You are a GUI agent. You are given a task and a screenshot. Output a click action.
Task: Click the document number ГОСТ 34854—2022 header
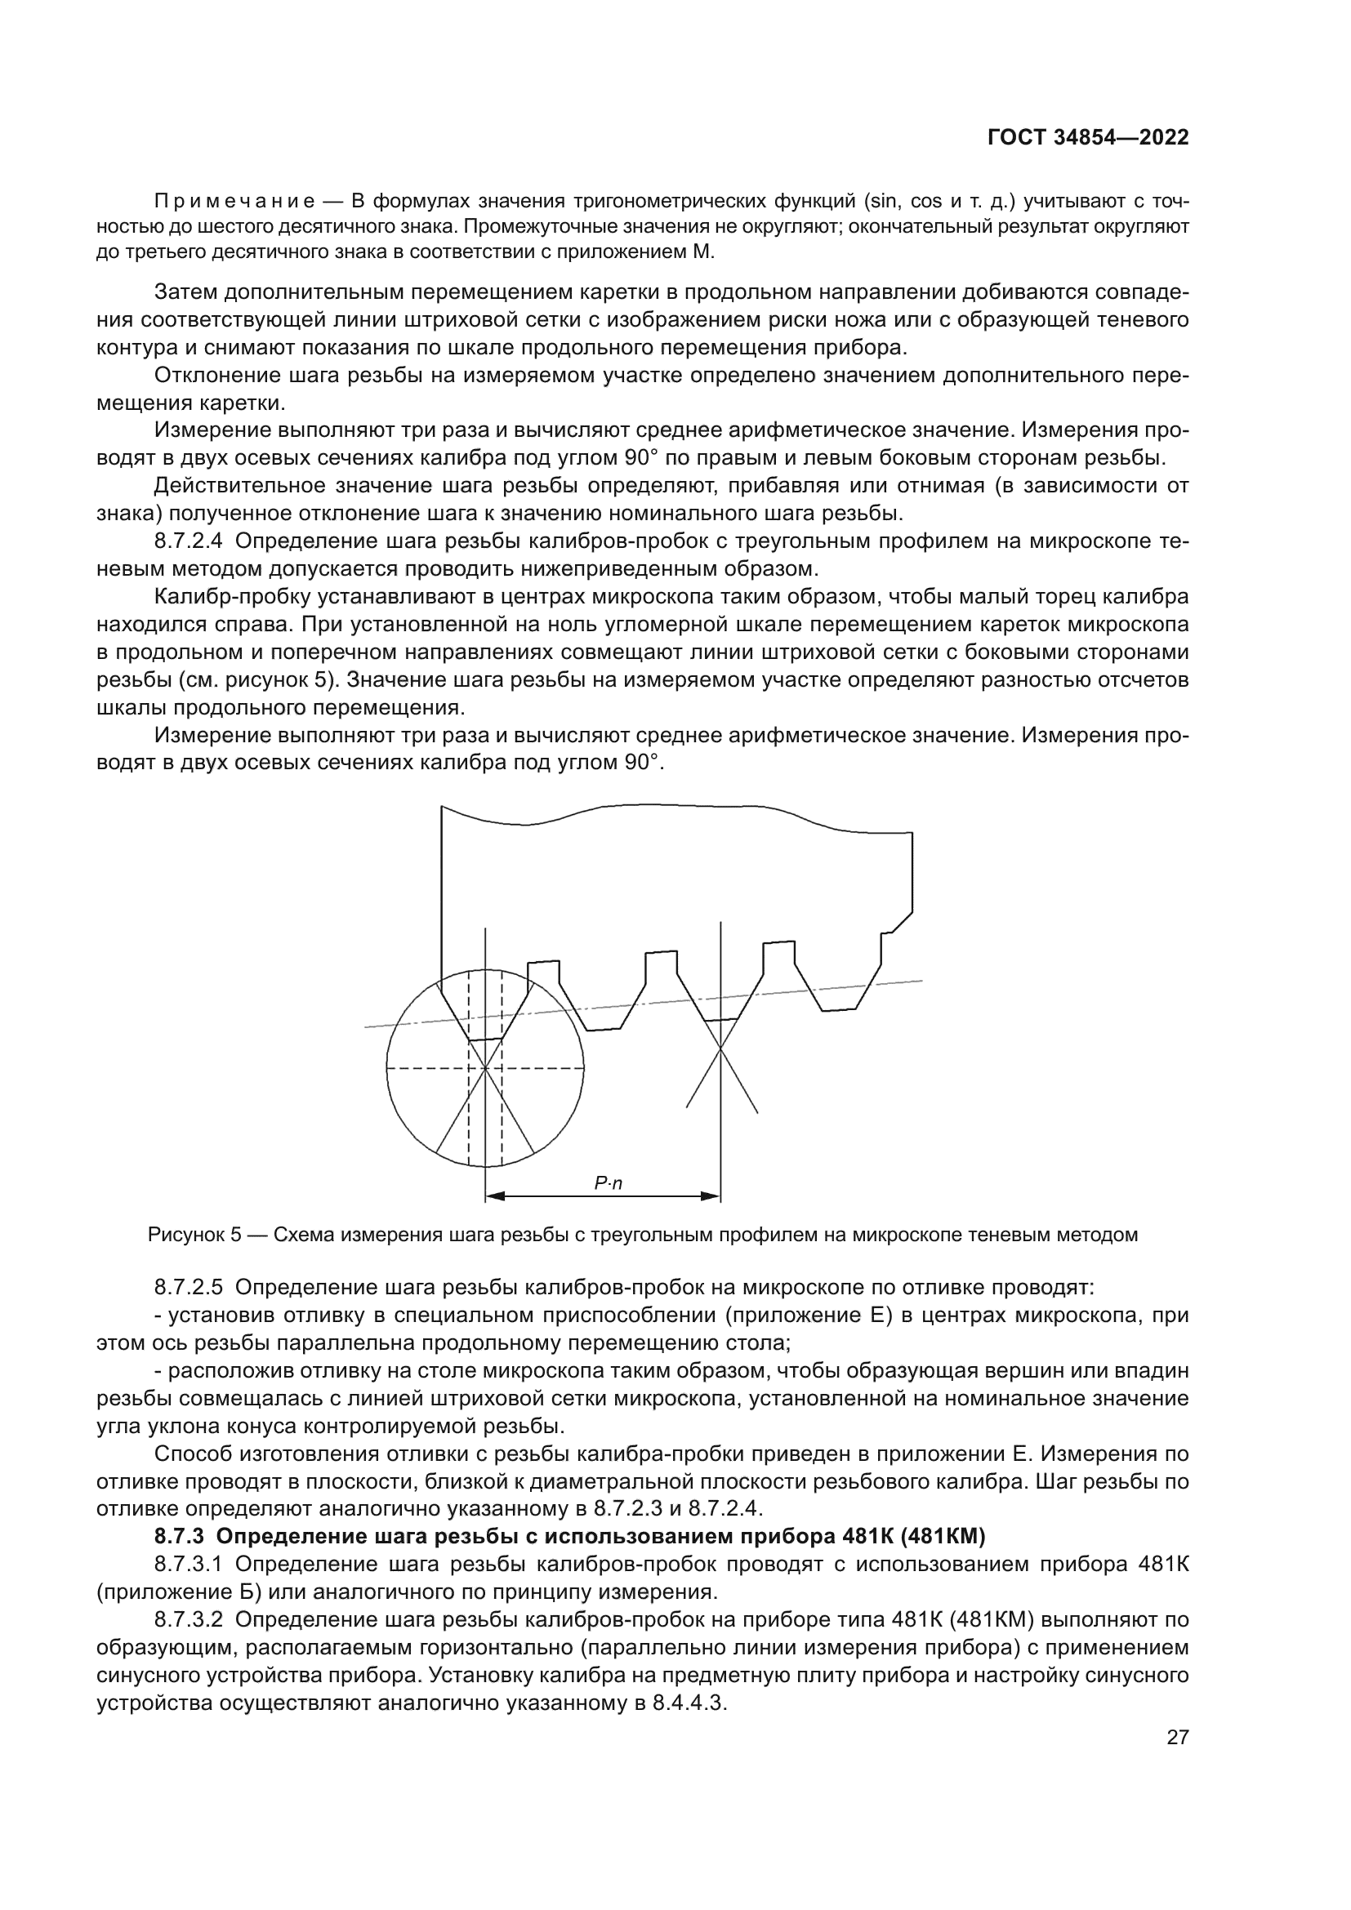[x=1087, y=138]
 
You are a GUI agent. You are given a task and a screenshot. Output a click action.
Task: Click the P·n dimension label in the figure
[x=609, y=1183]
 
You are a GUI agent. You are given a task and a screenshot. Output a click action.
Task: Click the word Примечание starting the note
[x=234, y=202]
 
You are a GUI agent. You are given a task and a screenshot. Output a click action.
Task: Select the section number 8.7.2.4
[x=188, y=541]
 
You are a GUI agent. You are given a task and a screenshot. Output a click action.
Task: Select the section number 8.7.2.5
[x=188, y=1288]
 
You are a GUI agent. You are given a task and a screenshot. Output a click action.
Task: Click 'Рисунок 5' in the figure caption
[x=194, y=1235]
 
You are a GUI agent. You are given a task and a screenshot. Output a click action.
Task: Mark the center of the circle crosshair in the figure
[x=485, y=1067]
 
